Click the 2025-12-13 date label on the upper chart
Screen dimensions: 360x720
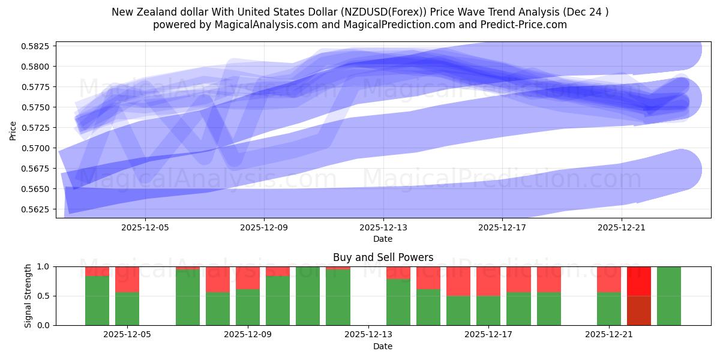pos(383,228)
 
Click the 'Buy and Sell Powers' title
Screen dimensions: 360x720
pos(383,257)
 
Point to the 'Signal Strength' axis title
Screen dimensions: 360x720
pos(28,296)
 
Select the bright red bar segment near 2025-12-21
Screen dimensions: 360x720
pos(638,281)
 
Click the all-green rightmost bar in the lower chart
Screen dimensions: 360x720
pos(668,296)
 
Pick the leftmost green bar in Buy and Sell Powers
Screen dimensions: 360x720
pos(97,300)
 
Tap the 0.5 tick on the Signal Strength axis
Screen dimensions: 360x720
pos(44,296)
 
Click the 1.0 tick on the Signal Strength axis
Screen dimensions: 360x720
pos(44,266)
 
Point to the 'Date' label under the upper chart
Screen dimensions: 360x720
pos(383,239)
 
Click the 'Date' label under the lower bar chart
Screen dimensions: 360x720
pos(383,346)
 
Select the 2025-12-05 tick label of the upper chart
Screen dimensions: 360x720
pos(145,228)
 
